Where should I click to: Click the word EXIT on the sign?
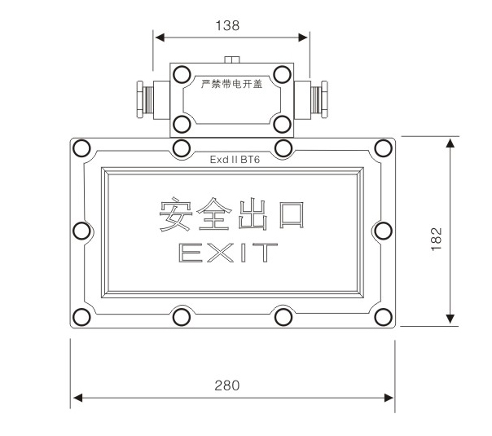coord(228,253)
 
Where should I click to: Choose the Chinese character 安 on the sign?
coord(177,214)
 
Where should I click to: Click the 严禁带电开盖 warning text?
coord(232,83)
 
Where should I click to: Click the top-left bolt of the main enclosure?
coord(81,148)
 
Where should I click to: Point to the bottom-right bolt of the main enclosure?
coord(383,316)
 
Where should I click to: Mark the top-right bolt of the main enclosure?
coord(383,148)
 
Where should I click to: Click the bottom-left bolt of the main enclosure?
coord(81,316)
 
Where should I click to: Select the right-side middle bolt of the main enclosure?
coord(384,231)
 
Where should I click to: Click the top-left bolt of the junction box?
coord(182,74)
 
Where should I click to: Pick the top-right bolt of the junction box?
coord(282,74)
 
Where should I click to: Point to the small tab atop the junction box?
coord(232,59)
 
